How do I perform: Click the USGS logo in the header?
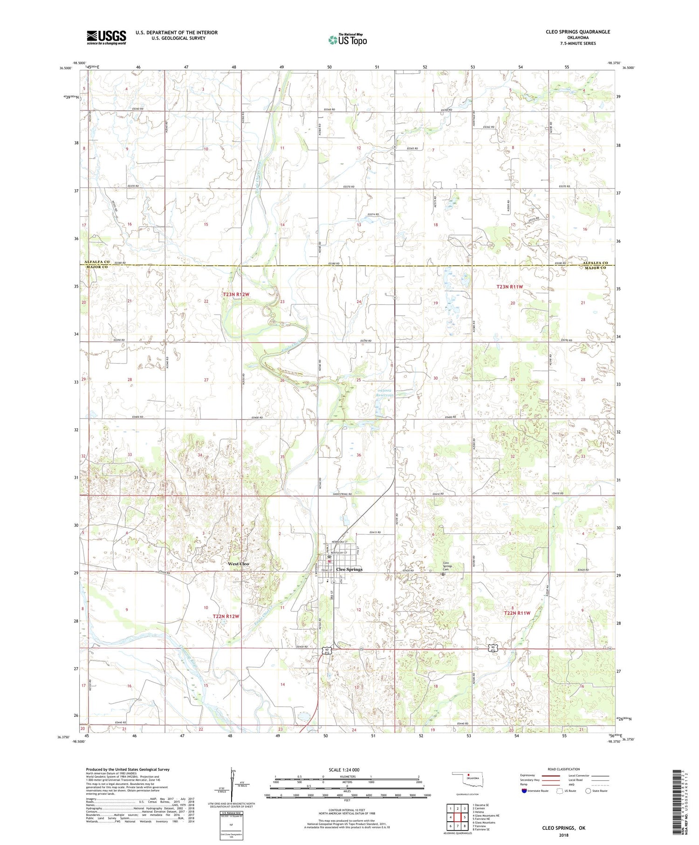tap(106, 37)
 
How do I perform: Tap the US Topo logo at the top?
tap(348, 40)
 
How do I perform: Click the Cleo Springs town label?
tap(349, 570)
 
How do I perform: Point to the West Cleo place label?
tap(238, 564)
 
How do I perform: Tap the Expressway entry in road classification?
tap(529, 776)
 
